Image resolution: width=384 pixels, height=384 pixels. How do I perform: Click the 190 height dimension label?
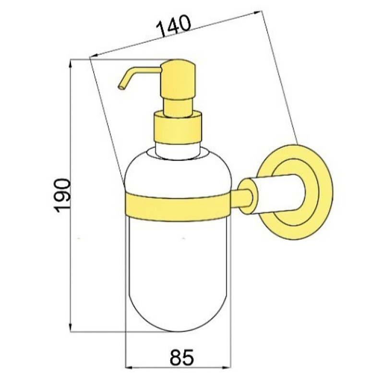tap(62, 196)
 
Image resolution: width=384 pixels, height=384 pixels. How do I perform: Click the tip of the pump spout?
tap(120, 87)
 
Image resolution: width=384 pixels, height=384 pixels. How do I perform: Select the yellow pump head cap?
tap(178, 79)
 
